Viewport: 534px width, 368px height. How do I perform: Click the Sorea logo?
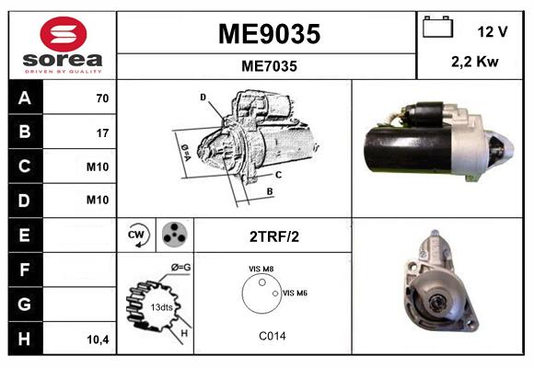click(x=63, y=46)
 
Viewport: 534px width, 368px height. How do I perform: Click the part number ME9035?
click(x=269, y=34)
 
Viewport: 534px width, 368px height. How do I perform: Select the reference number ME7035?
click(x=268, y=66)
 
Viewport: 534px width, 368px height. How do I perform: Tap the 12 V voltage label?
click(x=493, y=31)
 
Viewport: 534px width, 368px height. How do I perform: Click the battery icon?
click(x=436, y=29)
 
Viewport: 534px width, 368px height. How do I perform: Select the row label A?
click(x=25, y=98)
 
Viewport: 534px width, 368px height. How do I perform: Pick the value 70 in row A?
click(x=101, y=98)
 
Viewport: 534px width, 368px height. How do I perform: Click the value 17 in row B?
click(x=102, y=132)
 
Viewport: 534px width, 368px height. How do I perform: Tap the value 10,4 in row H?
click(x=99, y=339)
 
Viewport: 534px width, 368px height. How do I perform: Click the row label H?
click(x=25, y=339)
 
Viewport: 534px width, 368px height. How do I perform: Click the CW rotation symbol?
click(x=135, y=236)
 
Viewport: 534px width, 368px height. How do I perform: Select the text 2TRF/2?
click(x=273, y=236)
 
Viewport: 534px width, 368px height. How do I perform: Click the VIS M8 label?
click(x=261, y=269)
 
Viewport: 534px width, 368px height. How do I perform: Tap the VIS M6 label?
click(x=295, y=293)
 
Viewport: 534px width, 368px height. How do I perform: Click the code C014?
click(x=272, y=337)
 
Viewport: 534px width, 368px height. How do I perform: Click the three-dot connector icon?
click(x=173, y=236)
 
